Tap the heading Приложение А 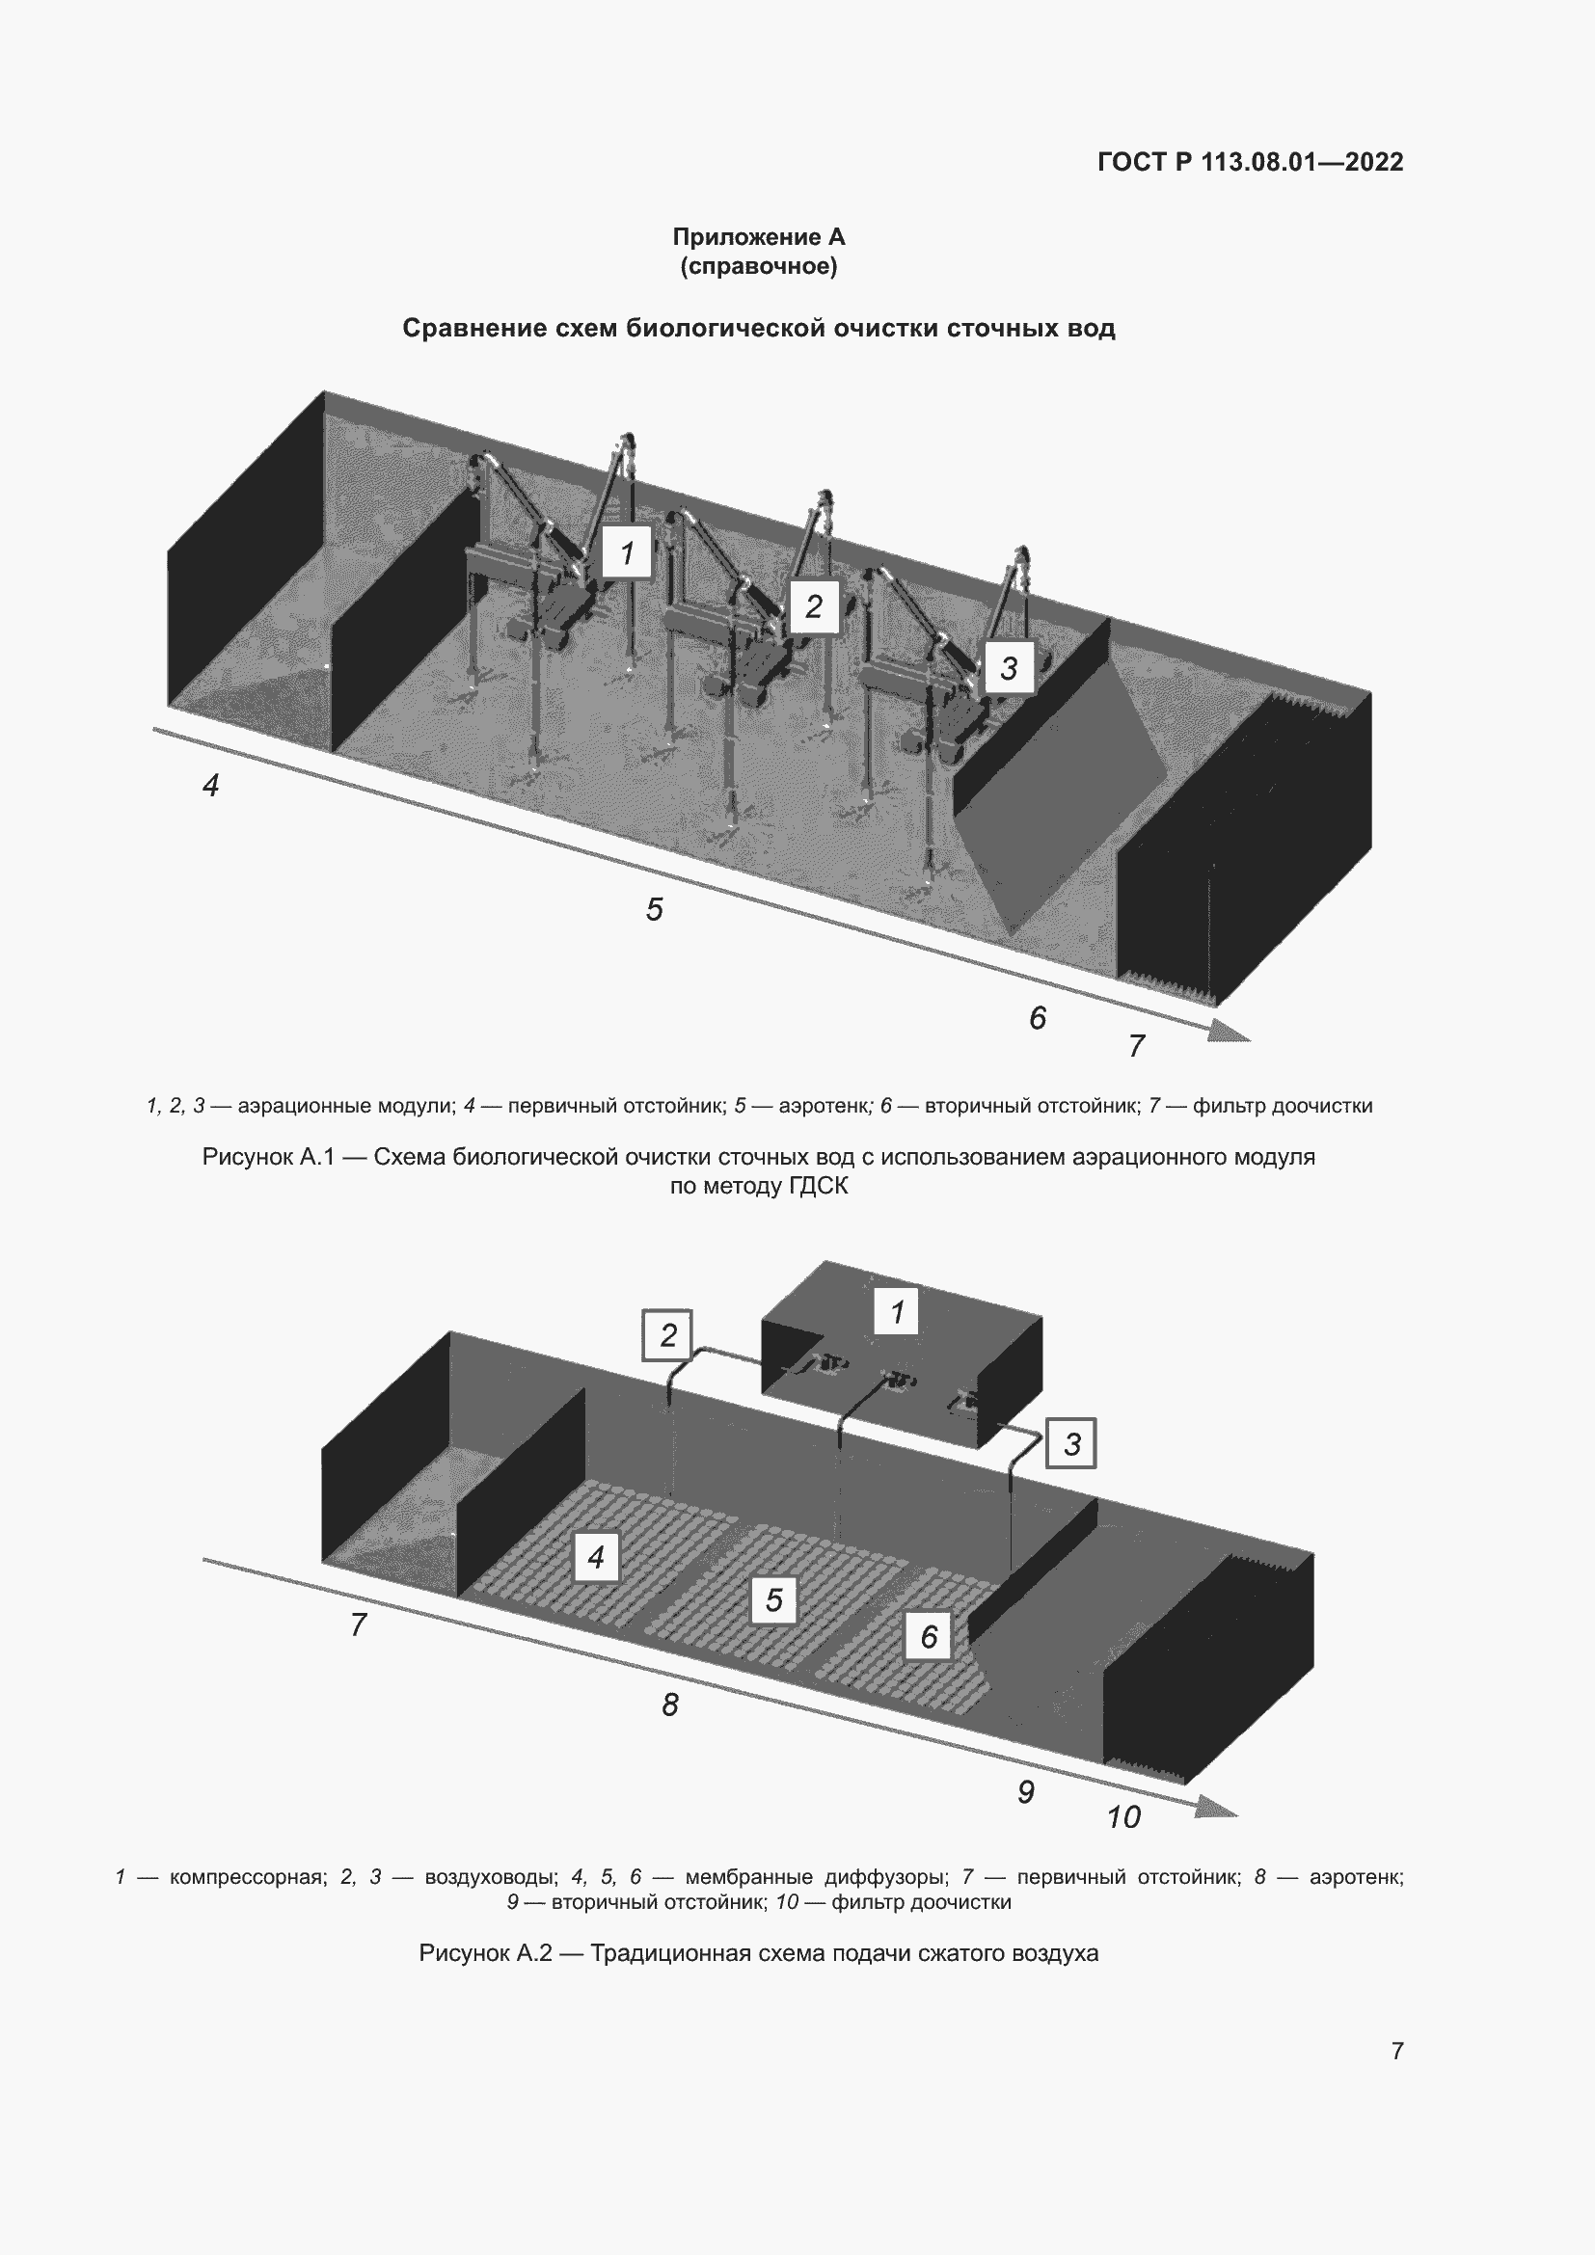pyautogui.click(x=758, y=237)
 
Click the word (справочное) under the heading pyautogui.click(x=758, y=266)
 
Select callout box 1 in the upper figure pyautogui.click(x=627, y=553)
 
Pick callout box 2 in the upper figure pyautogui.click(x=813, y=607)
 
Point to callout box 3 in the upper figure pyautogui.click(x=1009, y=668)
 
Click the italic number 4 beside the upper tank pyautogui.click(x=210, y=786)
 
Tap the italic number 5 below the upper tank pyautogui.click(x=654, y=909)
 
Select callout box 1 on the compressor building pyautogui.click(x=896, y=1312)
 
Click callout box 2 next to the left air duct pyautogui.click(x=668, y=1335)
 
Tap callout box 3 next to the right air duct pyautogui.click(x=1071, y=1444)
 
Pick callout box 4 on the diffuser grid pyautogui.click(x=595, y=1558)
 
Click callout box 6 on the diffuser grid pyautogui.click(x=928, y=1636)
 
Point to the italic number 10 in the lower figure pyautogui.click(x=1123, y=1817)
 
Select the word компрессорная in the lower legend pyautogui.click(x=248, y=1877)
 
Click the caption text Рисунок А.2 pyautogui.click(x=485, y=1952)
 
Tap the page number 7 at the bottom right pyautogui.click(x=1396, y=2051)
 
